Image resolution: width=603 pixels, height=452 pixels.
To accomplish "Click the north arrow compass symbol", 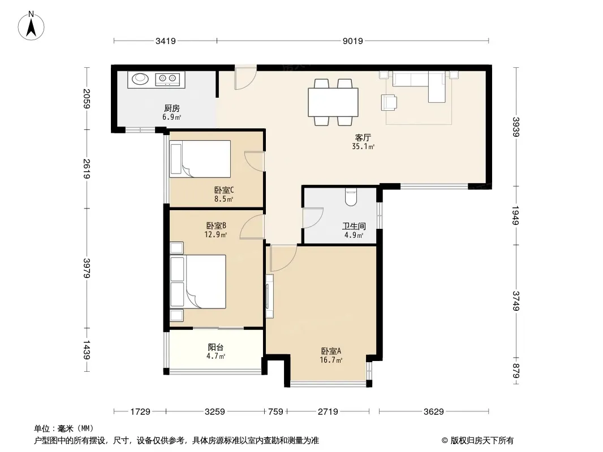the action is pos(31,25).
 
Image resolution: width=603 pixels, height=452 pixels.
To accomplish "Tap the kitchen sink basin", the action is pos(140,79).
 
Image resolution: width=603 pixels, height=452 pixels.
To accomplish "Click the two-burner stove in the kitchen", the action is pos(167,80).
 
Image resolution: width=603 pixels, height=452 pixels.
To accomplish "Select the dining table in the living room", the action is pos(333,102).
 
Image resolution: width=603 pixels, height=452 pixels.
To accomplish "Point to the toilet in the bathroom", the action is pos(351,197).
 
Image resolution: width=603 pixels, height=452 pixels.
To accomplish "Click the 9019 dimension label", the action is pos(352,41).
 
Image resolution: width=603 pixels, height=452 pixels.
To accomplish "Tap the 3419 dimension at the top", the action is pos(165,41).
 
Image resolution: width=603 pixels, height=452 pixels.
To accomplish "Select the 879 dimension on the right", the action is pos(516,371).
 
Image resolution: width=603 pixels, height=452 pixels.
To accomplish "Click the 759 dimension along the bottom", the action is pos(275,412).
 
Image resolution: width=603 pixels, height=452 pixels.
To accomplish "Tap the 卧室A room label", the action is pos(331,351).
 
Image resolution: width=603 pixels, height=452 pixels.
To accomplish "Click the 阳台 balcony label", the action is pos(216,347).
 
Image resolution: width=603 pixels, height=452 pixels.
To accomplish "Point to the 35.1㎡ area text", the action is pos(363,146).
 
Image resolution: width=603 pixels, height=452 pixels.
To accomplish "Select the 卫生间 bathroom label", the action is pos(354,226).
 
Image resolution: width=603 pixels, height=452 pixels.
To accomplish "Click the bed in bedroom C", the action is pos(200,159).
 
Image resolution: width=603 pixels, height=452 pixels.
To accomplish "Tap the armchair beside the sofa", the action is pos(389,102).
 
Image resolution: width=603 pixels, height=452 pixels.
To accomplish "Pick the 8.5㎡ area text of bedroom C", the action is pos(224,199).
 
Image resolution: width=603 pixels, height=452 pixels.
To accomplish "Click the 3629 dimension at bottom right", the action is pos(433,412).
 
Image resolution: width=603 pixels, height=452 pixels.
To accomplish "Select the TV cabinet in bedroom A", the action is pos(269,296).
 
